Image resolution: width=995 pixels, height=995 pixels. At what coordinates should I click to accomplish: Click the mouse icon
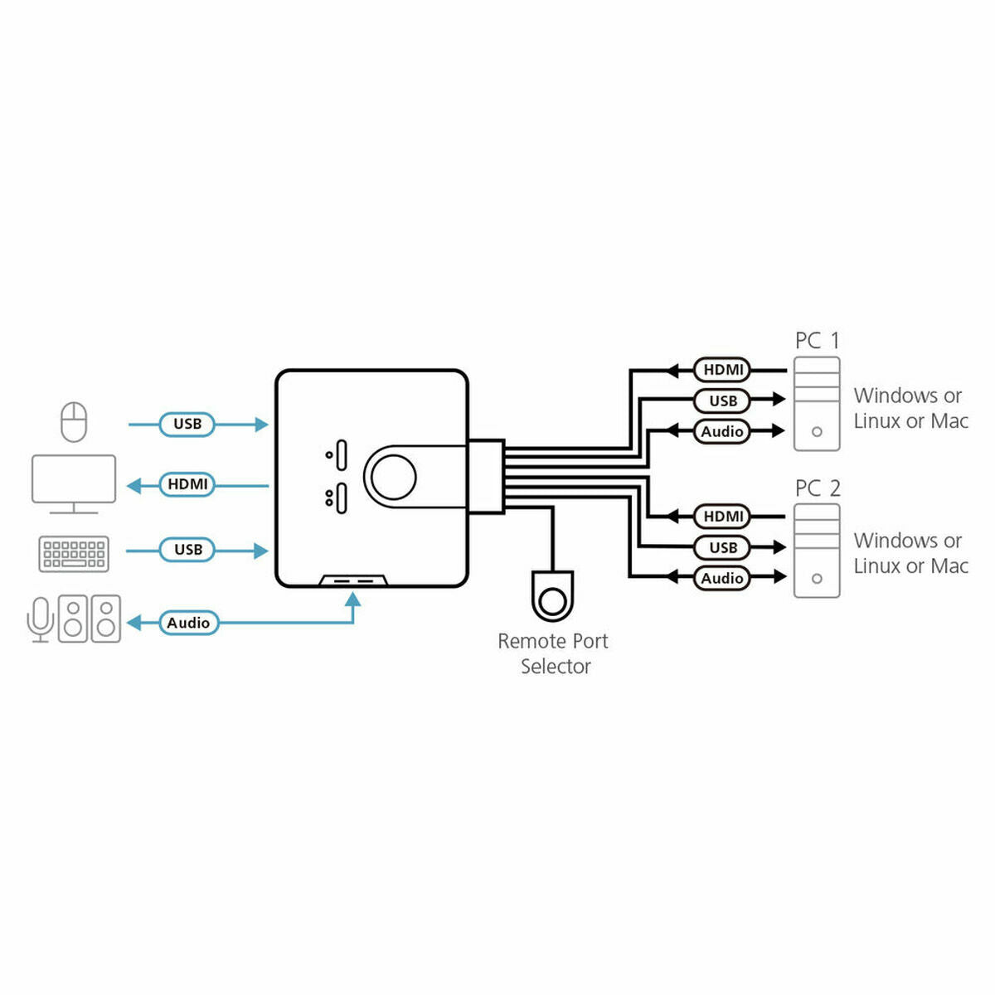point(74,422)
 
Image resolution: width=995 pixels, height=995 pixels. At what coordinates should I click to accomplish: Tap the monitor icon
point(74,481)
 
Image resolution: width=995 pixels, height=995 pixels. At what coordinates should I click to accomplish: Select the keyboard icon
point(74,553)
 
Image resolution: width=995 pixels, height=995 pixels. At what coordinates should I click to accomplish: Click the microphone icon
point(40,619)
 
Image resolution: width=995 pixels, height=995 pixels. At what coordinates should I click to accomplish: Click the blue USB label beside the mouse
point(187,424)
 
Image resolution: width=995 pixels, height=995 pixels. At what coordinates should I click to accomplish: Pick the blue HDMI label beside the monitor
point(187,484)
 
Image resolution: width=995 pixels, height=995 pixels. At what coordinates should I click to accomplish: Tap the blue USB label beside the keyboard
point(187,550)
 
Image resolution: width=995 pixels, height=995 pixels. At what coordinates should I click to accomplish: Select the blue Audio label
point(188,623)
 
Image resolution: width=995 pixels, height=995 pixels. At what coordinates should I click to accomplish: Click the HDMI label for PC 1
point(723,370)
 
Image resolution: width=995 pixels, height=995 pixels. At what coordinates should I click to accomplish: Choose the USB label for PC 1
point(723,400)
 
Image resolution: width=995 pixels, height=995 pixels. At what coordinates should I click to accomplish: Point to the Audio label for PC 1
point(722,431)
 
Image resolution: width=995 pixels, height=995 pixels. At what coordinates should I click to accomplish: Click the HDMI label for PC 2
point(723,517)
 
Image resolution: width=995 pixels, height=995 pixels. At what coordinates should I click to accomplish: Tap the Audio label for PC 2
point(722,578)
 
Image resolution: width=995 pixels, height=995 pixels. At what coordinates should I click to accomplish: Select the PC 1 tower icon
point(817,404)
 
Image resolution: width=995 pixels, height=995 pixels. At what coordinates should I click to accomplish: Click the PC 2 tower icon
point(817,551)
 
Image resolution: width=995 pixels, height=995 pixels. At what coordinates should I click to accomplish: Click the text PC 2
point(818,488)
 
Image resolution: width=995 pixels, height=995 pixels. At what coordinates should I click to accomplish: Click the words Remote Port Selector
point(553,653)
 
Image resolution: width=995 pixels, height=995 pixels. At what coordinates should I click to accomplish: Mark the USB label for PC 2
point(723,547)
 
